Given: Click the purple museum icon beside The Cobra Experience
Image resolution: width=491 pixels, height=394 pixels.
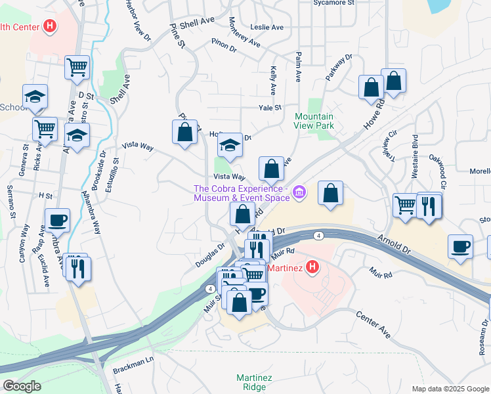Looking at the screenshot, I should coord(299,192).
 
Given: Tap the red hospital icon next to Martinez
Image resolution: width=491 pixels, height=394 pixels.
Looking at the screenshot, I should coord(313,268).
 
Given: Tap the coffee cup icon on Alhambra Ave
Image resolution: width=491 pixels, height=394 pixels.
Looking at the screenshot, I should coord(57,220).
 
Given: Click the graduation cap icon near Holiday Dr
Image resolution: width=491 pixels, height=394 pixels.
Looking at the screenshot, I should coord(230,144).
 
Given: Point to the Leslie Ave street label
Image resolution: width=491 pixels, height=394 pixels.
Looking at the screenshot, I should coord(267,28).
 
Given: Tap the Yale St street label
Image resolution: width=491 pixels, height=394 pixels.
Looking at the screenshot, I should coord(270,108).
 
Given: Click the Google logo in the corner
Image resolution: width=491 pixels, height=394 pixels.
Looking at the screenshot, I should coord(22,386).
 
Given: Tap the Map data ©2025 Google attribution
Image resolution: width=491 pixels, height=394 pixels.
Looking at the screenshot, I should coord(450,389).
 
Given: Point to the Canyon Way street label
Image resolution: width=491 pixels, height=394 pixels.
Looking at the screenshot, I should coord(24,244).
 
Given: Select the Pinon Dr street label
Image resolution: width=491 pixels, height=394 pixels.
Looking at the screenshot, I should coord(223,46).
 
